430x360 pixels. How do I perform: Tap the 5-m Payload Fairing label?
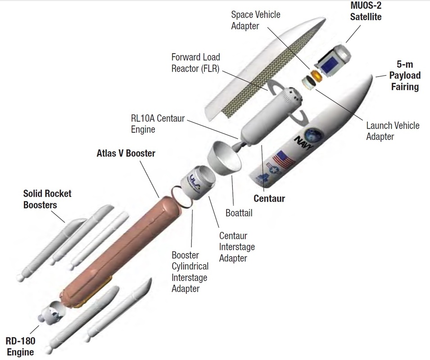[x=405, y=75]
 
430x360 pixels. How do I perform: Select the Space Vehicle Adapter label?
[x=255, y=20]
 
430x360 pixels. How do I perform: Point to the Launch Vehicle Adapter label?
[x=393, y=130]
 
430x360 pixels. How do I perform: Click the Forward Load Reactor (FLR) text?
[x=195, y=63]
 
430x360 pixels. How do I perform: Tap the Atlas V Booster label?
[x=126, y=153]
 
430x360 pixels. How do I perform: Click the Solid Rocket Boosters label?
[x=47, y=199]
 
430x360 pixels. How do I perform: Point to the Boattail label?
[x=239, y=213]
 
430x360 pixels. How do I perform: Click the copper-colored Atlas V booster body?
[x=122, y=243]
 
